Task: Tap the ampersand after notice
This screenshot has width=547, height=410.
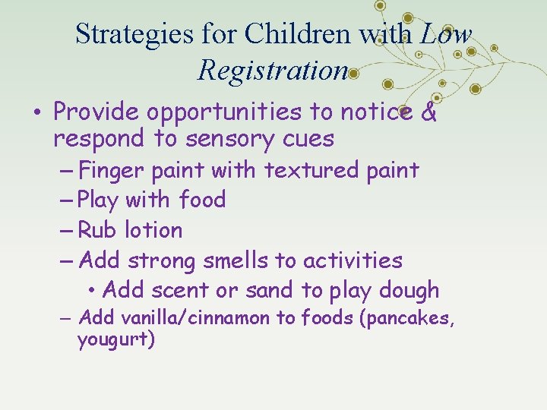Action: pyautogui.click(x=428, y=112)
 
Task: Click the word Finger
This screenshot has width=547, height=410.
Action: pyautogui.click(x=112, y=170)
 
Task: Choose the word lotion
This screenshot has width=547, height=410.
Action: pyautogui.click(x=153, y=230)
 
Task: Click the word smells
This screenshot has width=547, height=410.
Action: pyautogui.click(x=234, y=260)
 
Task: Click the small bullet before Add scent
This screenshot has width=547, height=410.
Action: pyautogui.click(x=91, y=290)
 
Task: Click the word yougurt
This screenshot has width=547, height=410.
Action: pyautogui.click(x=115, y=340)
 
